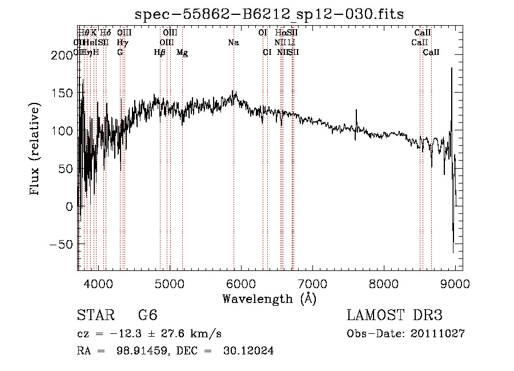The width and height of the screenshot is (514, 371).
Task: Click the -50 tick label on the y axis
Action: coord(60,244)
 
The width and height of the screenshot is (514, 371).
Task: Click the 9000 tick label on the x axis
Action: coord(455,283)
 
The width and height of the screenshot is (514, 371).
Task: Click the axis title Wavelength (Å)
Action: coord(269,298)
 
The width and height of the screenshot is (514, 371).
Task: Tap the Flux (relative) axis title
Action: coord(35,149)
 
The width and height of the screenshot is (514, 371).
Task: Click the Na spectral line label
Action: coord(233,42)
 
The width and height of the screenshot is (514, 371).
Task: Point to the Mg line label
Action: coord(182,53)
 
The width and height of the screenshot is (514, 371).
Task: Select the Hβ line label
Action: coord(160,53)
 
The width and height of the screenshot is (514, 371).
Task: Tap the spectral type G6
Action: coord(147,315)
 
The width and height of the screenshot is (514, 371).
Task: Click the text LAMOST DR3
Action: coord(395,315)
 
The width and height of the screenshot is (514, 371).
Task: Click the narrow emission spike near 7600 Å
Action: coord(356,123)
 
